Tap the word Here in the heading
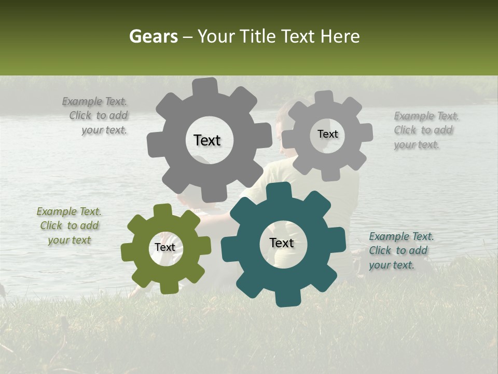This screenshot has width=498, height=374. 341,36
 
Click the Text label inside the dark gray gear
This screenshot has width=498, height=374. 207,140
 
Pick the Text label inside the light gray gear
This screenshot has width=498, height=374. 327,134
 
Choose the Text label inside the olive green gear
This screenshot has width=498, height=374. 165,248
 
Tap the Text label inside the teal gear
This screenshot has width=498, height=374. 282,243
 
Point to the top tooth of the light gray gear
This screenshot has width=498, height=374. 324,98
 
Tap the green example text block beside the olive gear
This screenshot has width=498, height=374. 69,226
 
